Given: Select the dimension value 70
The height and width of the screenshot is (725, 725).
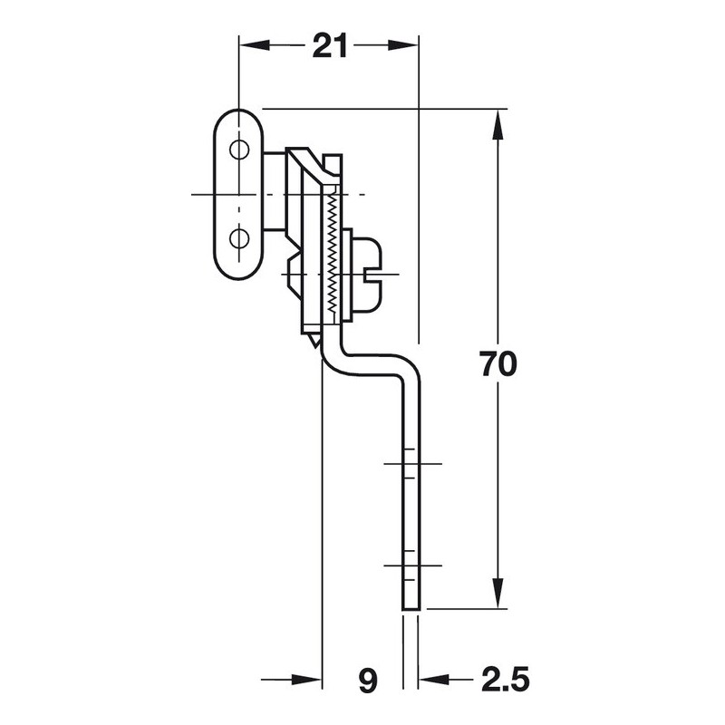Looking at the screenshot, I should (x=498, y=364).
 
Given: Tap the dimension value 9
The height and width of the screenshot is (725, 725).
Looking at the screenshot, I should (x=366, y=678).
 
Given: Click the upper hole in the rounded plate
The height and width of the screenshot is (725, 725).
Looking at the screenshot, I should (x=238, y=149).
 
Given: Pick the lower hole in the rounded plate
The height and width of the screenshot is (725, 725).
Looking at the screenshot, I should (x=238, y=238).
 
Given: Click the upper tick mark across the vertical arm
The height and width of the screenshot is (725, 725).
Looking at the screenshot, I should (x=411, y=464).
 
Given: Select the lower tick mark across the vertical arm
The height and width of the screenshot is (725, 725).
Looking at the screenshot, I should (x=411, y=565).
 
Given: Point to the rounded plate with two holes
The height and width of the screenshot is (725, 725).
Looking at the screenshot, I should (x=238, y=194).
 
